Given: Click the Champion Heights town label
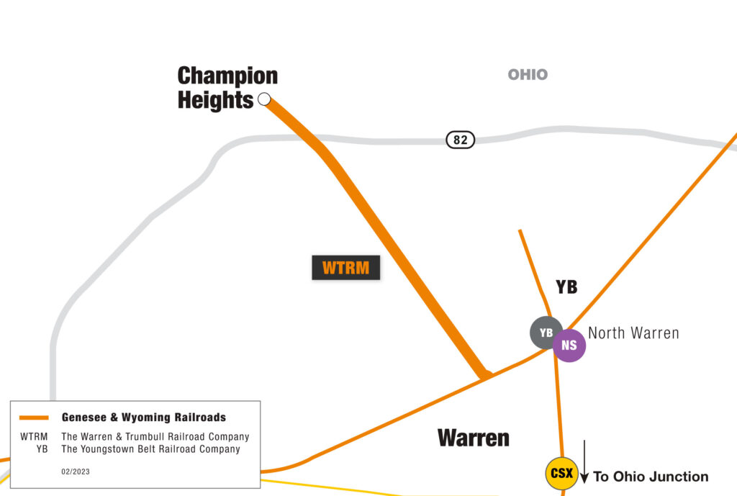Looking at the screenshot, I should tap(227, 88).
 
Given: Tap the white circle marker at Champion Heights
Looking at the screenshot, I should tap(264, 99).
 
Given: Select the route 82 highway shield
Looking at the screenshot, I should tap(461, 140).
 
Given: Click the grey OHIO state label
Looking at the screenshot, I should tap(528, 74).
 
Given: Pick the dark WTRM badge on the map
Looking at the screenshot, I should tap(345, 268).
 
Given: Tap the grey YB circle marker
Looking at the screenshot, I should tap(546, 333).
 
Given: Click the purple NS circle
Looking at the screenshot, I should tap(569, 345).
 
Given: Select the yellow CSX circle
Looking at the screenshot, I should tap(561, 474).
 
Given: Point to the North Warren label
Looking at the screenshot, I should tap(633, 333).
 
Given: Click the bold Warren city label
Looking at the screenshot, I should tap(474, 437).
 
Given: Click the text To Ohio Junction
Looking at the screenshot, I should tap(651, 476).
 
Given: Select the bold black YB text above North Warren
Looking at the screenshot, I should tap(566, 287).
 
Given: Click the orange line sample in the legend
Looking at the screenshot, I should tap(34, 418).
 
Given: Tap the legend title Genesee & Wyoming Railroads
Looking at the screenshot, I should tap(144, 418).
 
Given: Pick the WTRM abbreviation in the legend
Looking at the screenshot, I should tap(34, 437).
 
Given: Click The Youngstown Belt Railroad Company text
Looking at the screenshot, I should tap(150, 449).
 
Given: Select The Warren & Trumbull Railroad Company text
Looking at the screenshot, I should tap(155, 437).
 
